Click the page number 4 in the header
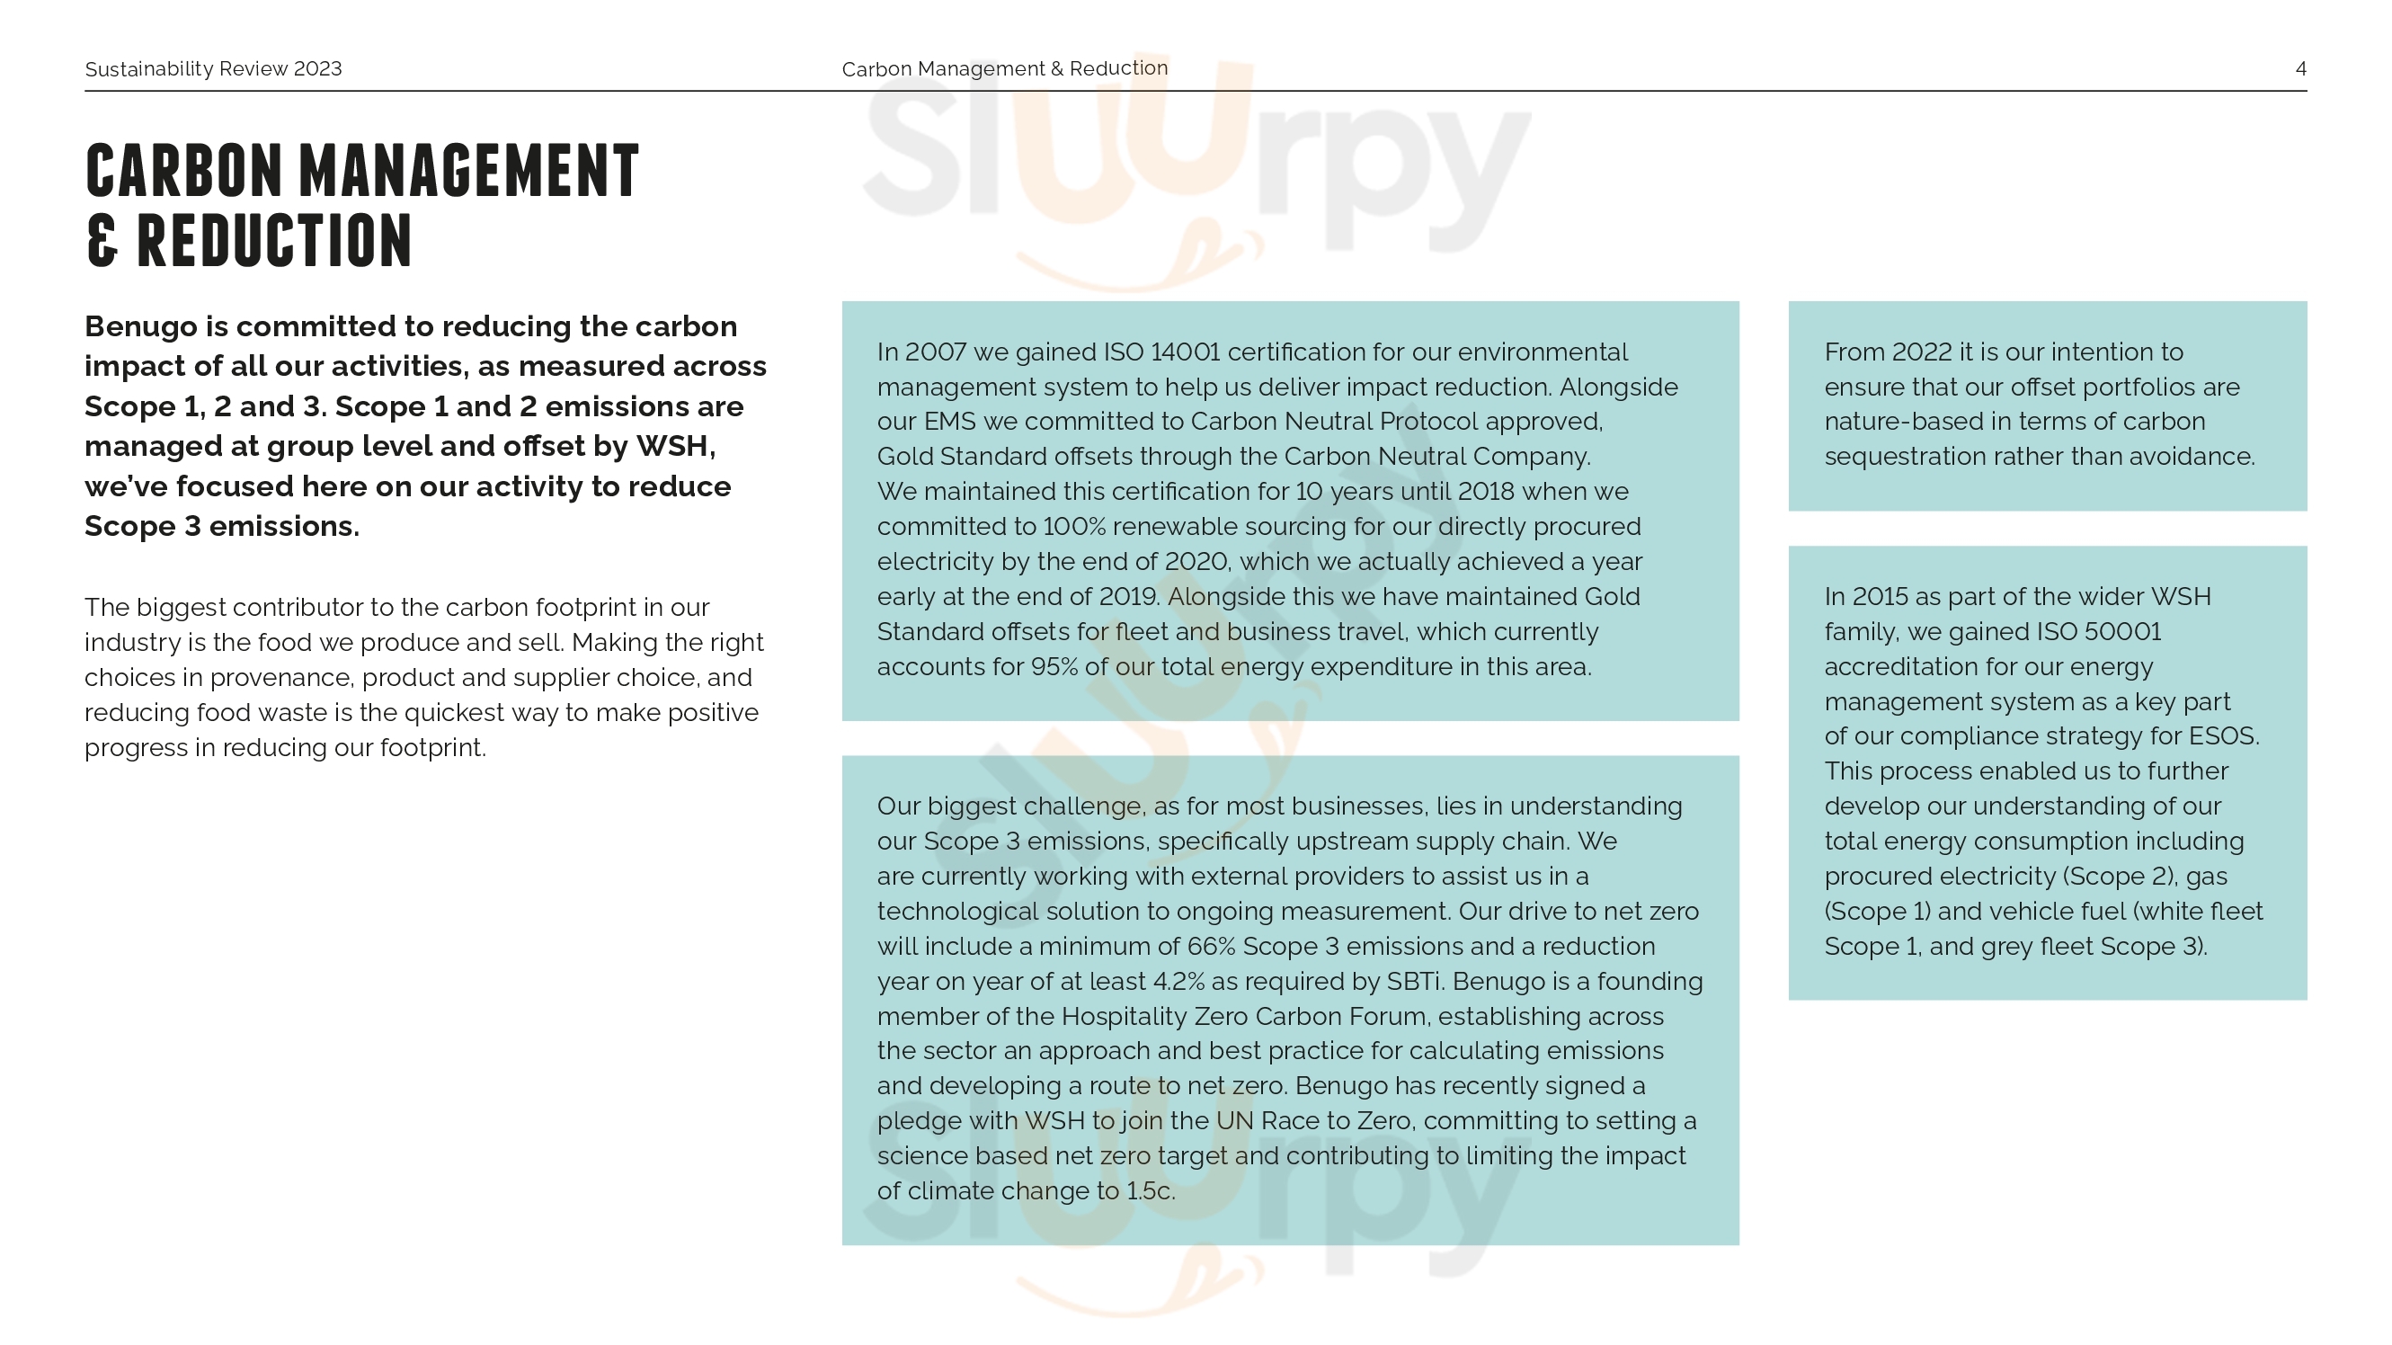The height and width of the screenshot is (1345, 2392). coord(2300,68)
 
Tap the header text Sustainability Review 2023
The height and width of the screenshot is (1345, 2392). coord(213,68)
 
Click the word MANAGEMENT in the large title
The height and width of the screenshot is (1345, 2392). coord(469,172)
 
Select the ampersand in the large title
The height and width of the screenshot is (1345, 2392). coord(102,241)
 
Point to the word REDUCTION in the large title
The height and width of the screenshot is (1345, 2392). coord(274,241)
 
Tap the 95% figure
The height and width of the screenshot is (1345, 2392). coord(1053,667)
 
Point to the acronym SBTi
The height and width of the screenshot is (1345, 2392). coord(1415,982)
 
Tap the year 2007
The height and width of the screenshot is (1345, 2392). coord(936,352)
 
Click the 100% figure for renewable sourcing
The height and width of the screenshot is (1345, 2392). coord(1074,527)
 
